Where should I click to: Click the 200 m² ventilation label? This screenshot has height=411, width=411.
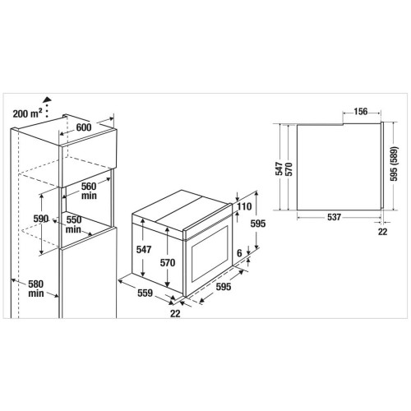(28, 113)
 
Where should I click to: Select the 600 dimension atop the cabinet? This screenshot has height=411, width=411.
(84, 127)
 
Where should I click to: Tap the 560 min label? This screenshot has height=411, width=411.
(89, 191)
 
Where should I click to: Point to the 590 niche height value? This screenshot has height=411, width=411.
(41, 219)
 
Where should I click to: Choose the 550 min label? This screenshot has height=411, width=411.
(73, 224)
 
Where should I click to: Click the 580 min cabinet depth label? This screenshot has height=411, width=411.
(36, 289)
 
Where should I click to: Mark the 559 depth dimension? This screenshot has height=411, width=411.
(145, 293)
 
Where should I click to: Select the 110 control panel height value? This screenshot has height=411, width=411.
(244, 206)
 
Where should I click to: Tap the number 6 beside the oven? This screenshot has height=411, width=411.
(239, 253)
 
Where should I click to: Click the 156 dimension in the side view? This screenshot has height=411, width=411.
(360, 112)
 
